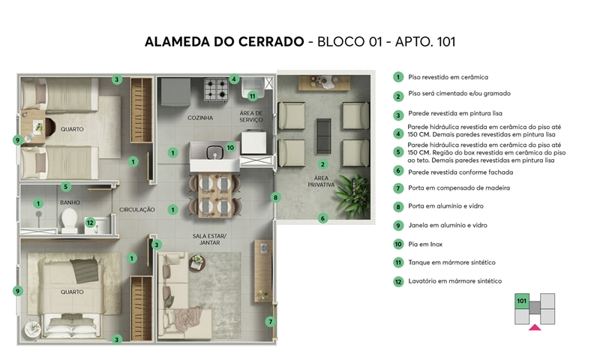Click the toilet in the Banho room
click(x=69, y=220)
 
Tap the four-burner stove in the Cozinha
click(x=216, y=90)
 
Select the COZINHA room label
click(x=200, y=118)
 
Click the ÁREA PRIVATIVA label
click(x=321, y=181)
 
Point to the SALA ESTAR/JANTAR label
click(x=209, y=239)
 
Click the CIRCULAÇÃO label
click(x=137, y=210)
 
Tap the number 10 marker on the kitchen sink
click(x=230, y=147)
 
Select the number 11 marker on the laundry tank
click(x=252, y=96)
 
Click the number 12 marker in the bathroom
click(x=90, y=223)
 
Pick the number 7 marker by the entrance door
click(x=271, y=322)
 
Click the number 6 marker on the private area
click(x=322, y=218)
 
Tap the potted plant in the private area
click(x=352, y=195)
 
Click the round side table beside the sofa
click(x=197, y=263)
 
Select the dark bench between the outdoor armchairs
click(x=324, y=136)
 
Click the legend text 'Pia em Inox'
click(x=425, y=244)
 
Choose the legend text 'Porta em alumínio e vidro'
click(x=445, y=206)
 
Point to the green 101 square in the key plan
click(x=522, y=301)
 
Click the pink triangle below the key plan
click(x=535, y=328)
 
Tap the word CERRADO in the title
click(x=271, y=41)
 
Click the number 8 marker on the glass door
click(x=275, y=197)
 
